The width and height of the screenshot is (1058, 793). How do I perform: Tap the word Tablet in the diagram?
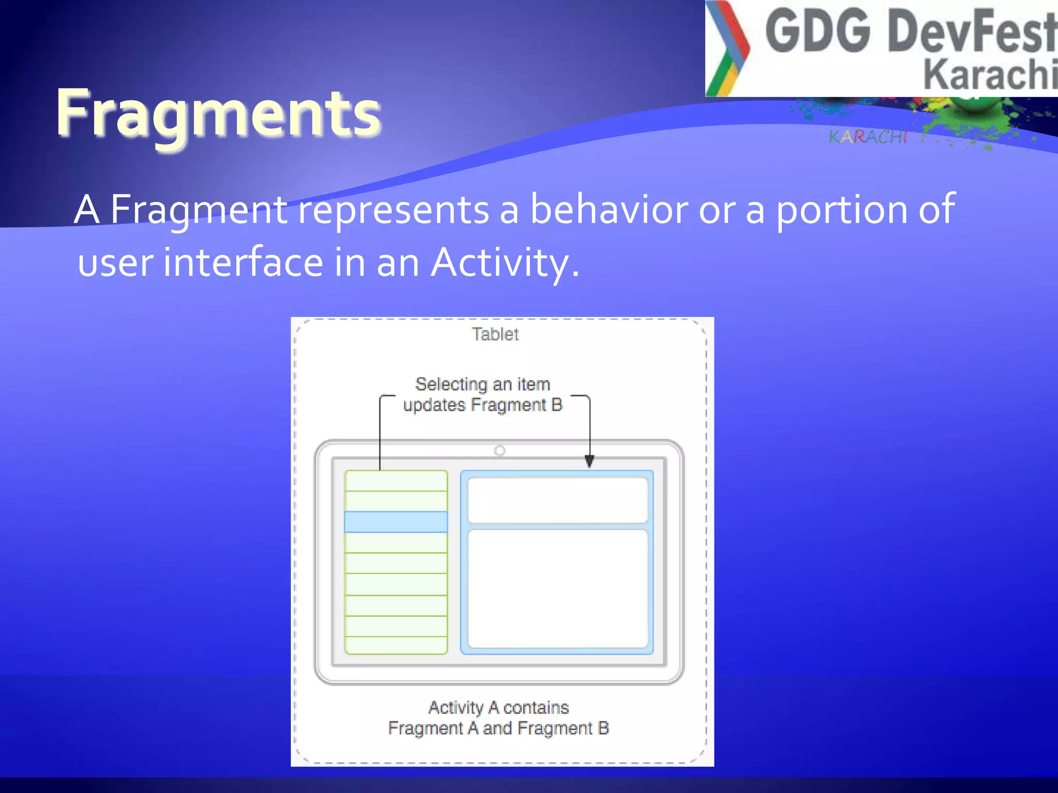click(x=495, y=335)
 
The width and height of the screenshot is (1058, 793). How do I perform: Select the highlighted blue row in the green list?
click(x=396, y=522)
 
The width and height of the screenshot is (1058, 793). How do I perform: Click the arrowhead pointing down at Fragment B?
click(x=589, y=461)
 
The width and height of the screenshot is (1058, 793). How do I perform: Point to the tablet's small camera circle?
click(x=500, y=451)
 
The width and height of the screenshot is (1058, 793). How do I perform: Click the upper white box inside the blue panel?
click(x=557, y=500)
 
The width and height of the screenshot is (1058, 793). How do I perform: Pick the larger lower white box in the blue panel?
click(x=557, y=589)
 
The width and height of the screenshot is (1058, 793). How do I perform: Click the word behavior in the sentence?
click(x=609, y=209)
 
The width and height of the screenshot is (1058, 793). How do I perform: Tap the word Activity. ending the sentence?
click(x=505, y=262)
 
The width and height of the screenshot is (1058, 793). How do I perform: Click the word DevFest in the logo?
click(x=971, y=32)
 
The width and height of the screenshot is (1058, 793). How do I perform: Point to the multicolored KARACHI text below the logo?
click(x=868, y=137)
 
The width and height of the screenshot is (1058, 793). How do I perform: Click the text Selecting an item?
click(x=483, y=384)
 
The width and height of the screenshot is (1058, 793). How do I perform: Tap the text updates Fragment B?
click(x=483, y=405)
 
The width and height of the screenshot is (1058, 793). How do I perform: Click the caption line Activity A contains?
click(x=499, y=707)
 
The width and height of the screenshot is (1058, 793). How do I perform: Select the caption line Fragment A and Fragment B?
click(x=499, y=728)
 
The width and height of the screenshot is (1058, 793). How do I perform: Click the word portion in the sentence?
click(x=842, y=209)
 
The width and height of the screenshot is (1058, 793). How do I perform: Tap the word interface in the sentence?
click(x=243, y=262)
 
